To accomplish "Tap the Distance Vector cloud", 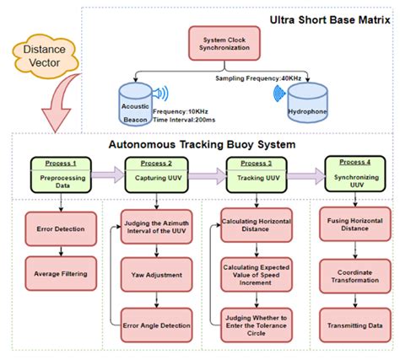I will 41,56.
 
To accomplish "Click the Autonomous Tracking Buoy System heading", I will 202,144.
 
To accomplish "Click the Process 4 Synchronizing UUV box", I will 354,174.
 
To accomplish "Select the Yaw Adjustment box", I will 156,274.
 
